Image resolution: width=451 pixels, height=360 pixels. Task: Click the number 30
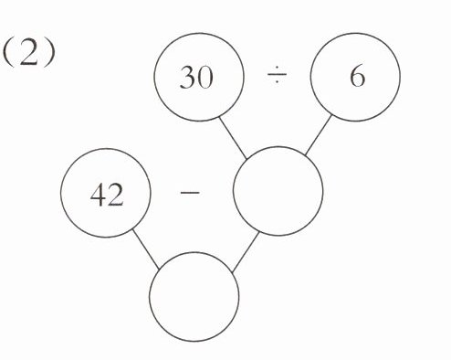(x=196, y=78)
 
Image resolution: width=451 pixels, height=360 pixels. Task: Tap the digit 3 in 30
(x=187, y=78)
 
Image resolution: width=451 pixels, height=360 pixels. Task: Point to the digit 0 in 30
(x=205, y=78)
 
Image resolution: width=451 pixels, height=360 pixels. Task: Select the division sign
(x=277, y=74)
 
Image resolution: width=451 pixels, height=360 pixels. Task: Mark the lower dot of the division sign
(x=277, y=81)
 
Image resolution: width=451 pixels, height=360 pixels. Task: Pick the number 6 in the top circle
(x=357, y=76)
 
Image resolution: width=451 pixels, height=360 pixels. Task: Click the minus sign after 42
(x=190, y=193)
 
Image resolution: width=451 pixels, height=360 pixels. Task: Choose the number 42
(x=107, y=196)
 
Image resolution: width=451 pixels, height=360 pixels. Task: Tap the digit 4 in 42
(x=98, y=196)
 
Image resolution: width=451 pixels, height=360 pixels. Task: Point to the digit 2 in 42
(x=116, y=196)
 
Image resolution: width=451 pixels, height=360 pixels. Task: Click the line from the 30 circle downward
(x=233, y=138)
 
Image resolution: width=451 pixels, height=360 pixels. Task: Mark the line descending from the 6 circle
(x=318, y=134)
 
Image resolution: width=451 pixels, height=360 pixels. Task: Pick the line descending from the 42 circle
(x=146, y=249)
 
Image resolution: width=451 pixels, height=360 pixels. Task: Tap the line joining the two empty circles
(x=246, y=251)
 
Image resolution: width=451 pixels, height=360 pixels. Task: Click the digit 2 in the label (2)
(x=28, y=54)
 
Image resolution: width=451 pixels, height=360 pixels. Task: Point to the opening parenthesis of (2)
(x=7, y=54)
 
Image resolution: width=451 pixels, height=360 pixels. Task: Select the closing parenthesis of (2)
(x=50, y=54)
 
